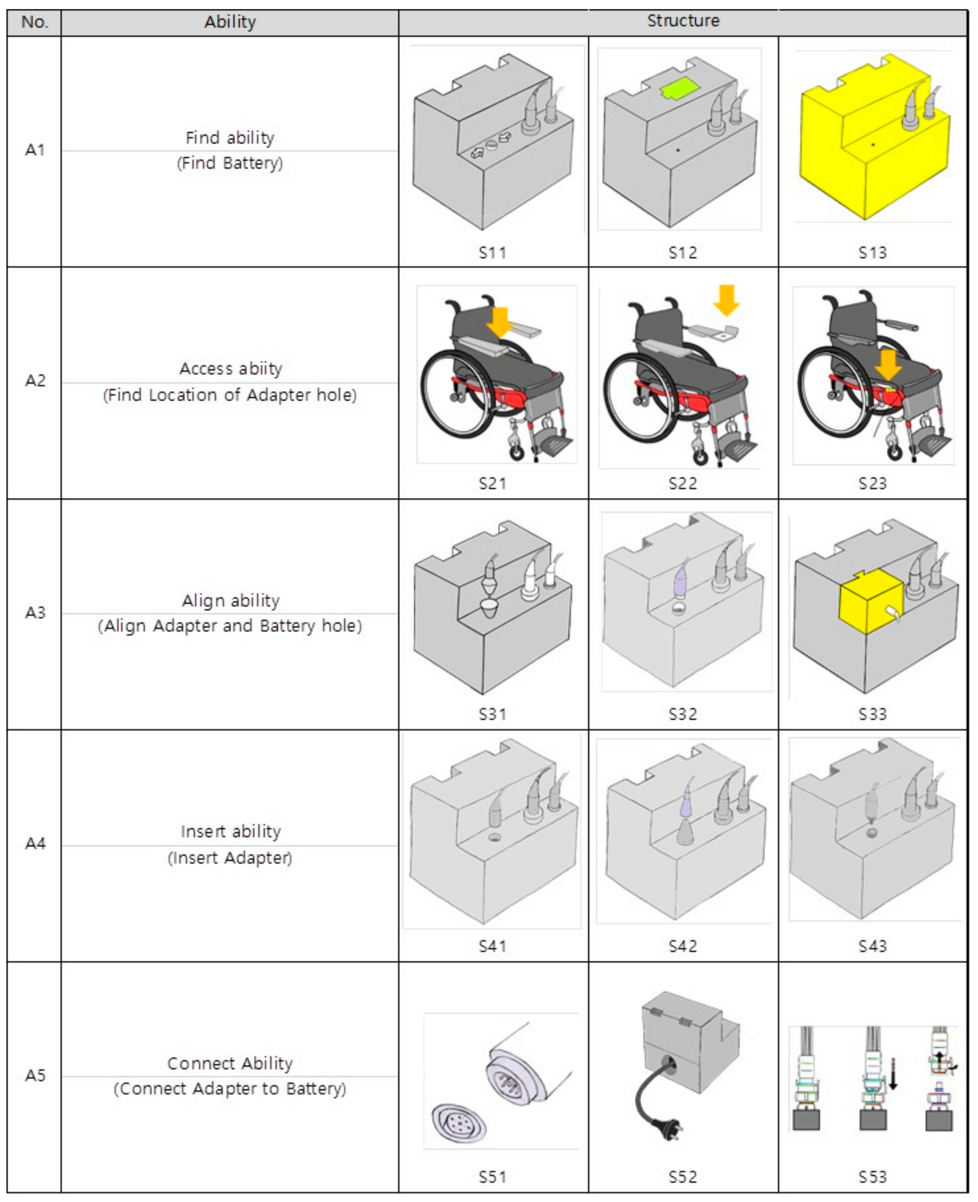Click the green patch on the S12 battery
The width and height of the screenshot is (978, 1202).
point(679,89)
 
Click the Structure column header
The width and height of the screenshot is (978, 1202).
point(683,21)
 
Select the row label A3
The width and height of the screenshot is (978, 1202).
point(35,612)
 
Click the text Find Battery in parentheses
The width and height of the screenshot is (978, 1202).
point(230,164)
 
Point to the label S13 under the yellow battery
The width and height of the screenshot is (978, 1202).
point(872,252)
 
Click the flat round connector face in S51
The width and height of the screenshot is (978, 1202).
point(459,1123)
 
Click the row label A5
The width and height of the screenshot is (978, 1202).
point(35,1075)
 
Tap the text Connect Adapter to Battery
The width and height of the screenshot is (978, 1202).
point(230,1089)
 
